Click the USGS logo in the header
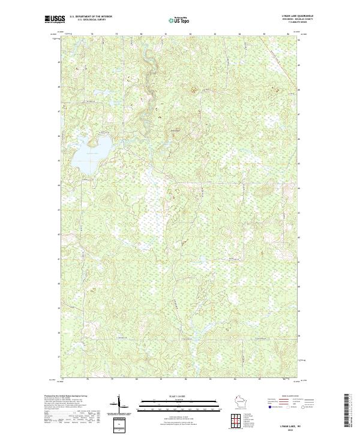pos(55,20)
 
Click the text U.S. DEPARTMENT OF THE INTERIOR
pos(91,17)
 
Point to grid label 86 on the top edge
pos(289,34)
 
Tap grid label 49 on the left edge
pos(58,62)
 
